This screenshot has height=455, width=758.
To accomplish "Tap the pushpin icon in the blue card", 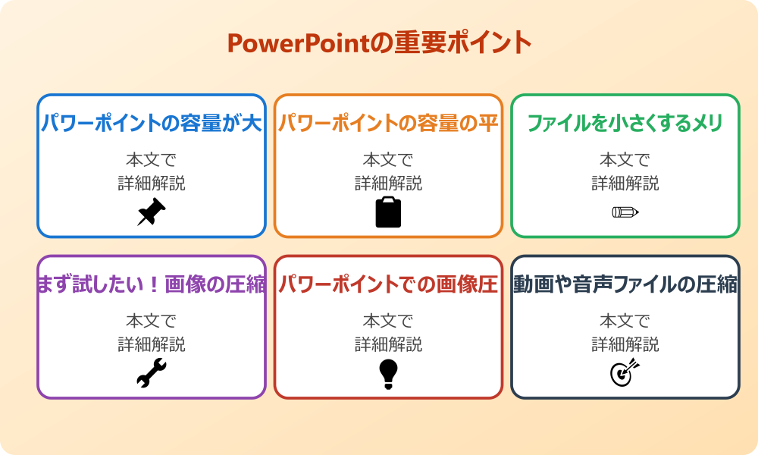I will [x=151, y=212].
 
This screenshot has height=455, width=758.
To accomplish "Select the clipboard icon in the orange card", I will [x=388, y=212].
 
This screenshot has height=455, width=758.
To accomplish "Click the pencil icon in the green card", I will [x=625, y=212].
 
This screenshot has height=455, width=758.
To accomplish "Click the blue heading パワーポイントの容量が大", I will [x=151, y=124].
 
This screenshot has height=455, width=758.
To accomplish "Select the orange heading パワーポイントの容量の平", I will [x=388, y=124].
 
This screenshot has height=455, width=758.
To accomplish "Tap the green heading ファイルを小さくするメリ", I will [x=625, y=124].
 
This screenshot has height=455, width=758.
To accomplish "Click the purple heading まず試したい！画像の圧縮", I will [x=151, y=284].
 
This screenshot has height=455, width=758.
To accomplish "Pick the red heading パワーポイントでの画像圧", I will [x=388, y=284].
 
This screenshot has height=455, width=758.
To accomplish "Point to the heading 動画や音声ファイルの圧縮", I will [x=625, y=284].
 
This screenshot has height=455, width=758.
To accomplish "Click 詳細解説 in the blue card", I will [x=151, y=184].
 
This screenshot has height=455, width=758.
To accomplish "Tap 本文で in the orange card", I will [x=388, y=160].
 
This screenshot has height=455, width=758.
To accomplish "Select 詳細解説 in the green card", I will [x=625, y=184].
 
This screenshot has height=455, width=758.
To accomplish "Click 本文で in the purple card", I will [x=151, y=321].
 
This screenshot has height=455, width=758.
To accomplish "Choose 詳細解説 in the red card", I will [x=388, y=344].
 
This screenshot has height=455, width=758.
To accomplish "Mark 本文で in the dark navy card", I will [x=625, y=321].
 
